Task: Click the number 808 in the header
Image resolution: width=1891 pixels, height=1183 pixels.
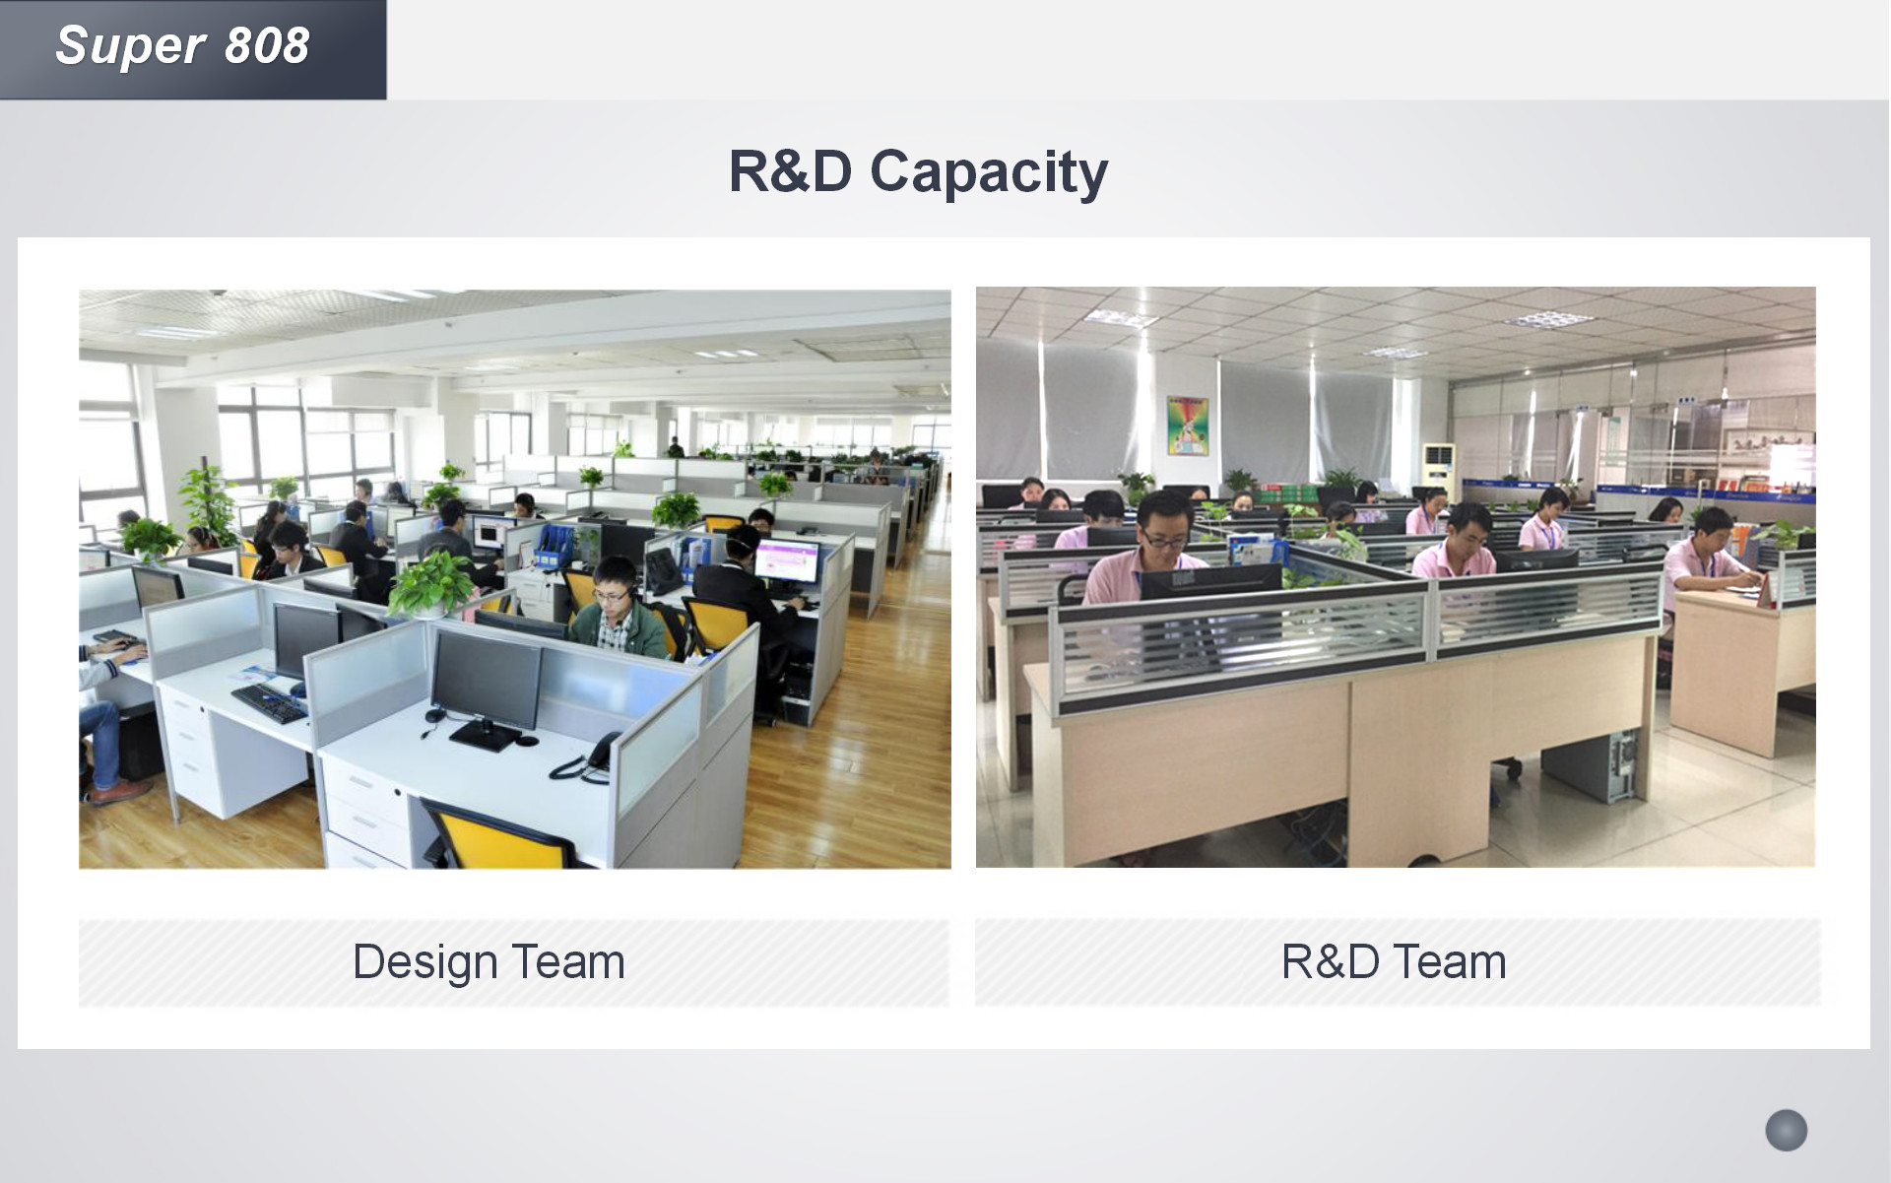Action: [267, 45]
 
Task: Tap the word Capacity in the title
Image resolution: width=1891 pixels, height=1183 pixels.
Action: [989, 172]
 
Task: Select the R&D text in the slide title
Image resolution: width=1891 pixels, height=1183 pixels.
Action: [790, 170]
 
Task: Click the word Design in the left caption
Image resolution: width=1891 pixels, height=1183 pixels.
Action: [424, 962]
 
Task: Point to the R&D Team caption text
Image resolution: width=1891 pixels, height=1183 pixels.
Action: [1394, 961]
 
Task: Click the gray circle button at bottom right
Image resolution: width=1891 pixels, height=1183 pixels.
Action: [1786, 1130]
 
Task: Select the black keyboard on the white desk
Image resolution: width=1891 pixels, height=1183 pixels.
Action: [269, 702]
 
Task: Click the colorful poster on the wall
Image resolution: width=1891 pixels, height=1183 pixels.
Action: [1187, 426]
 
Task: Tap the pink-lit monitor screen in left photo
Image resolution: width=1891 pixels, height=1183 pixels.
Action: [786, 559]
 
